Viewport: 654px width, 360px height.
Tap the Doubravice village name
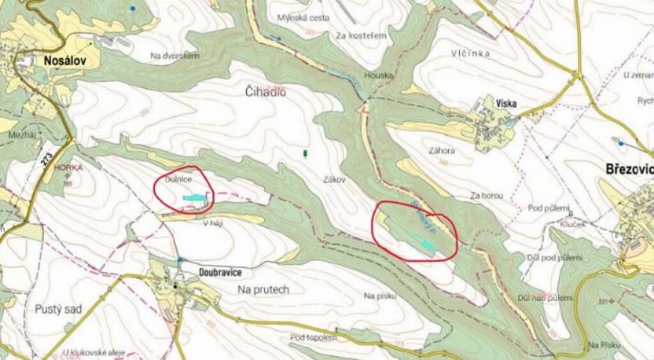click(x=214, y=271)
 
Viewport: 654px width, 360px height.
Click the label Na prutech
click(x=263, y=289)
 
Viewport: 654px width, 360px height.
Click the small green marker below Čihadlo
click(x=306, y=152)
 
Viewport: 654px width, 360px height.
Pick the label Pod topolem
click(x=313, y=337)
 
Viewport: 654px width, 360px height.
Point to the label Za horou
click(x=486, y=194)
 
